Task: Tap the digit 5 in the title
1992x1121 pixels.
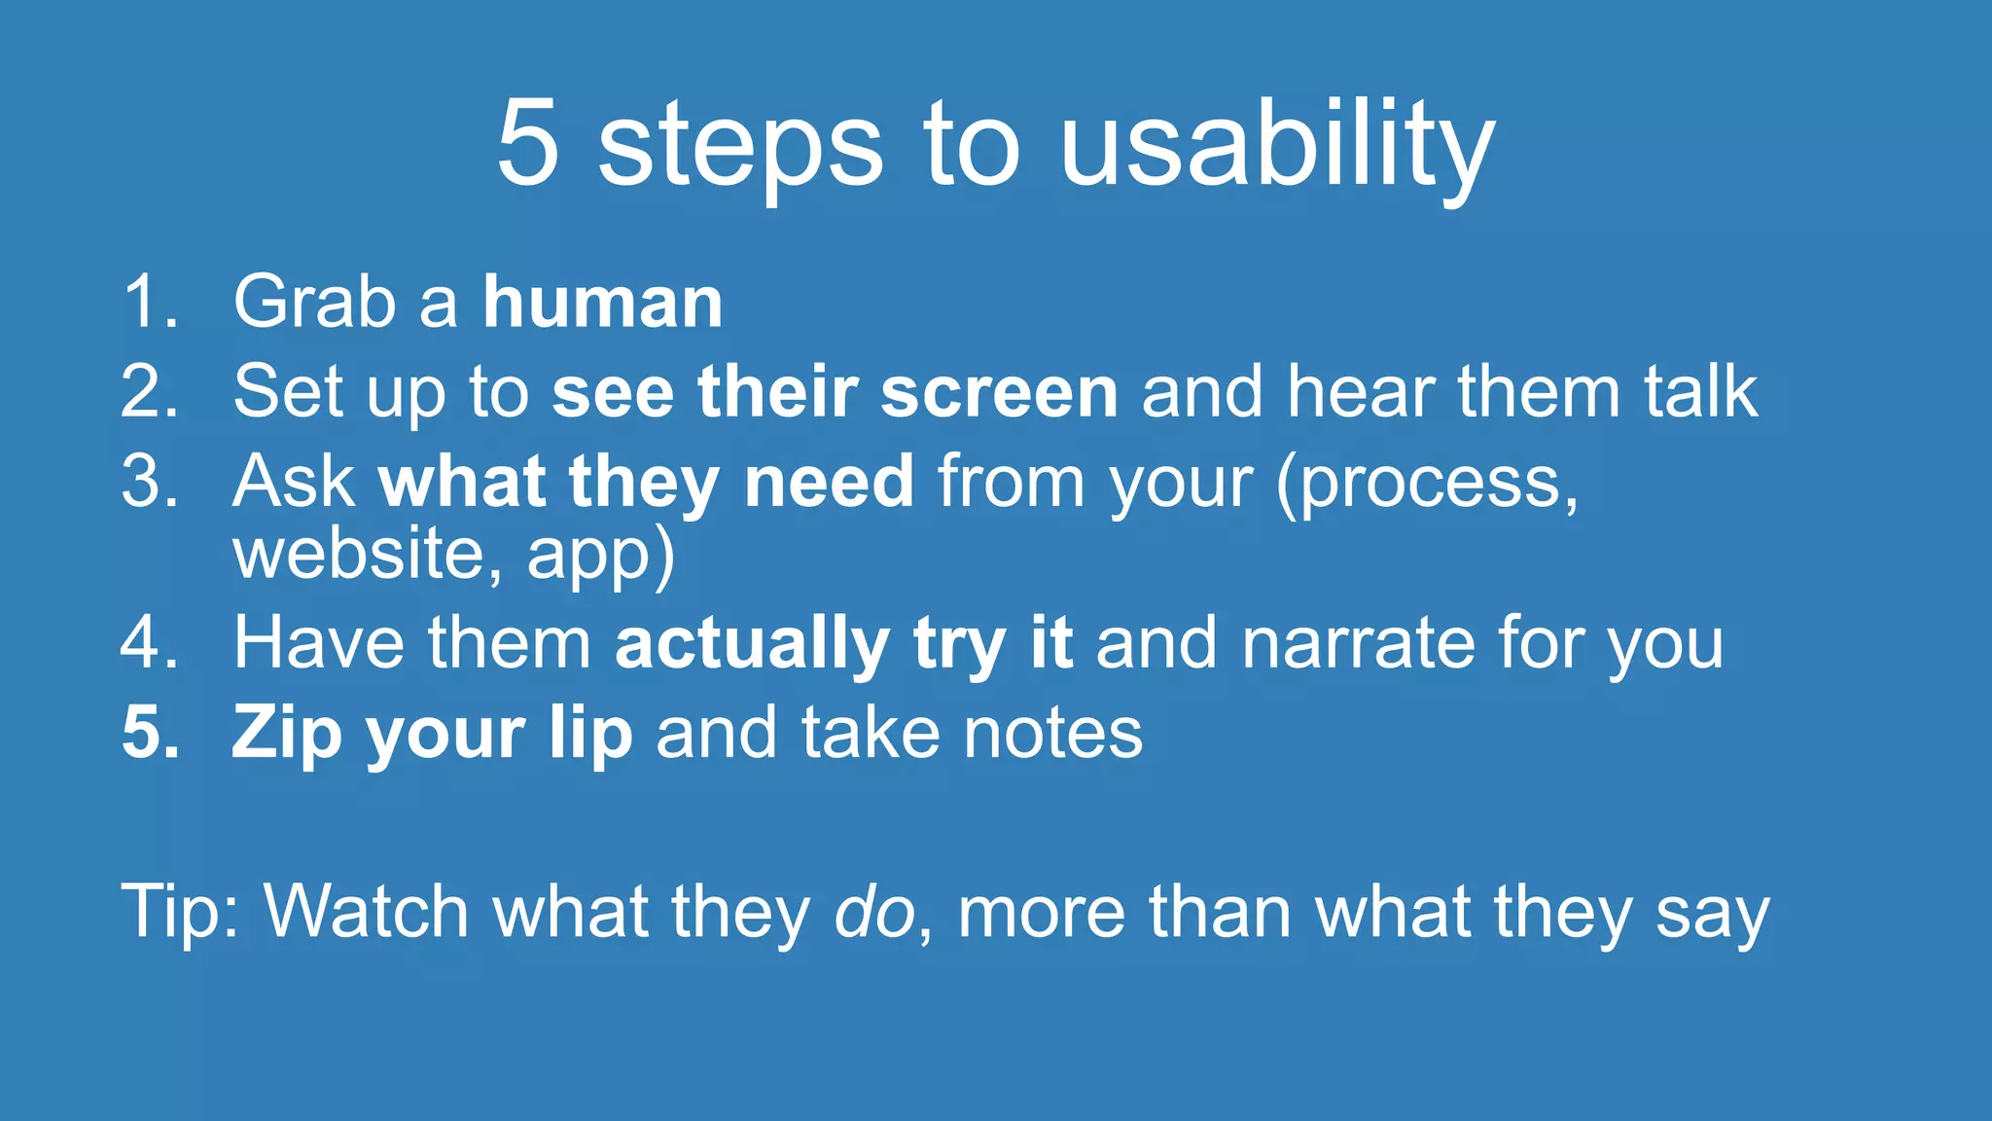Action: pos(528,143)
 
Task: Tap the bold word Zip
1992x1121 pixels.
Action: pos(286,734)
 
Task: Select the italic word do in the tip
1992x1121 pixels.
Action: pos(873,912)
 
